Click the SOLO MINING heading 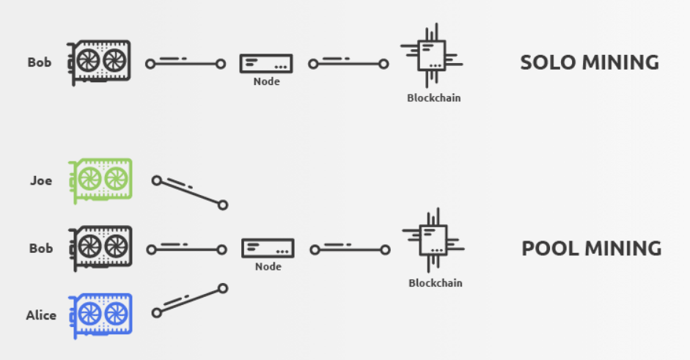(590, 62)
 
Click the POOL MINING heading (591, 249)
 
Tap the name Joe (41, 180)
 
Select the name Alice (40, 315)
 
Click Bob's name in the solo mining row (40, 62)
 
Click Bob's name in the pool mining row (41, 249)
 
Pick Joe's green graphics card (100, 180)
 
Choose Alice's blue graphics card (100, 315)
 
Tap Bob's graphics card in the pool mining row (100, 249)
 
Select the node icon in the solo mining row (266, 64)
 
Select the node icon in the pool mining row (268, 249)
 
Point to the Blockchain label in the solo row (434, 98)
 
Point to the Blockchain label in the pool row (436, 283)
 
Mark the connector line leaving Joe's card (189, 192)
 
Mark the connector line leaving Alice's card (190, 301)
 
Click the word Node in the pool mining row (268, 267)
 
